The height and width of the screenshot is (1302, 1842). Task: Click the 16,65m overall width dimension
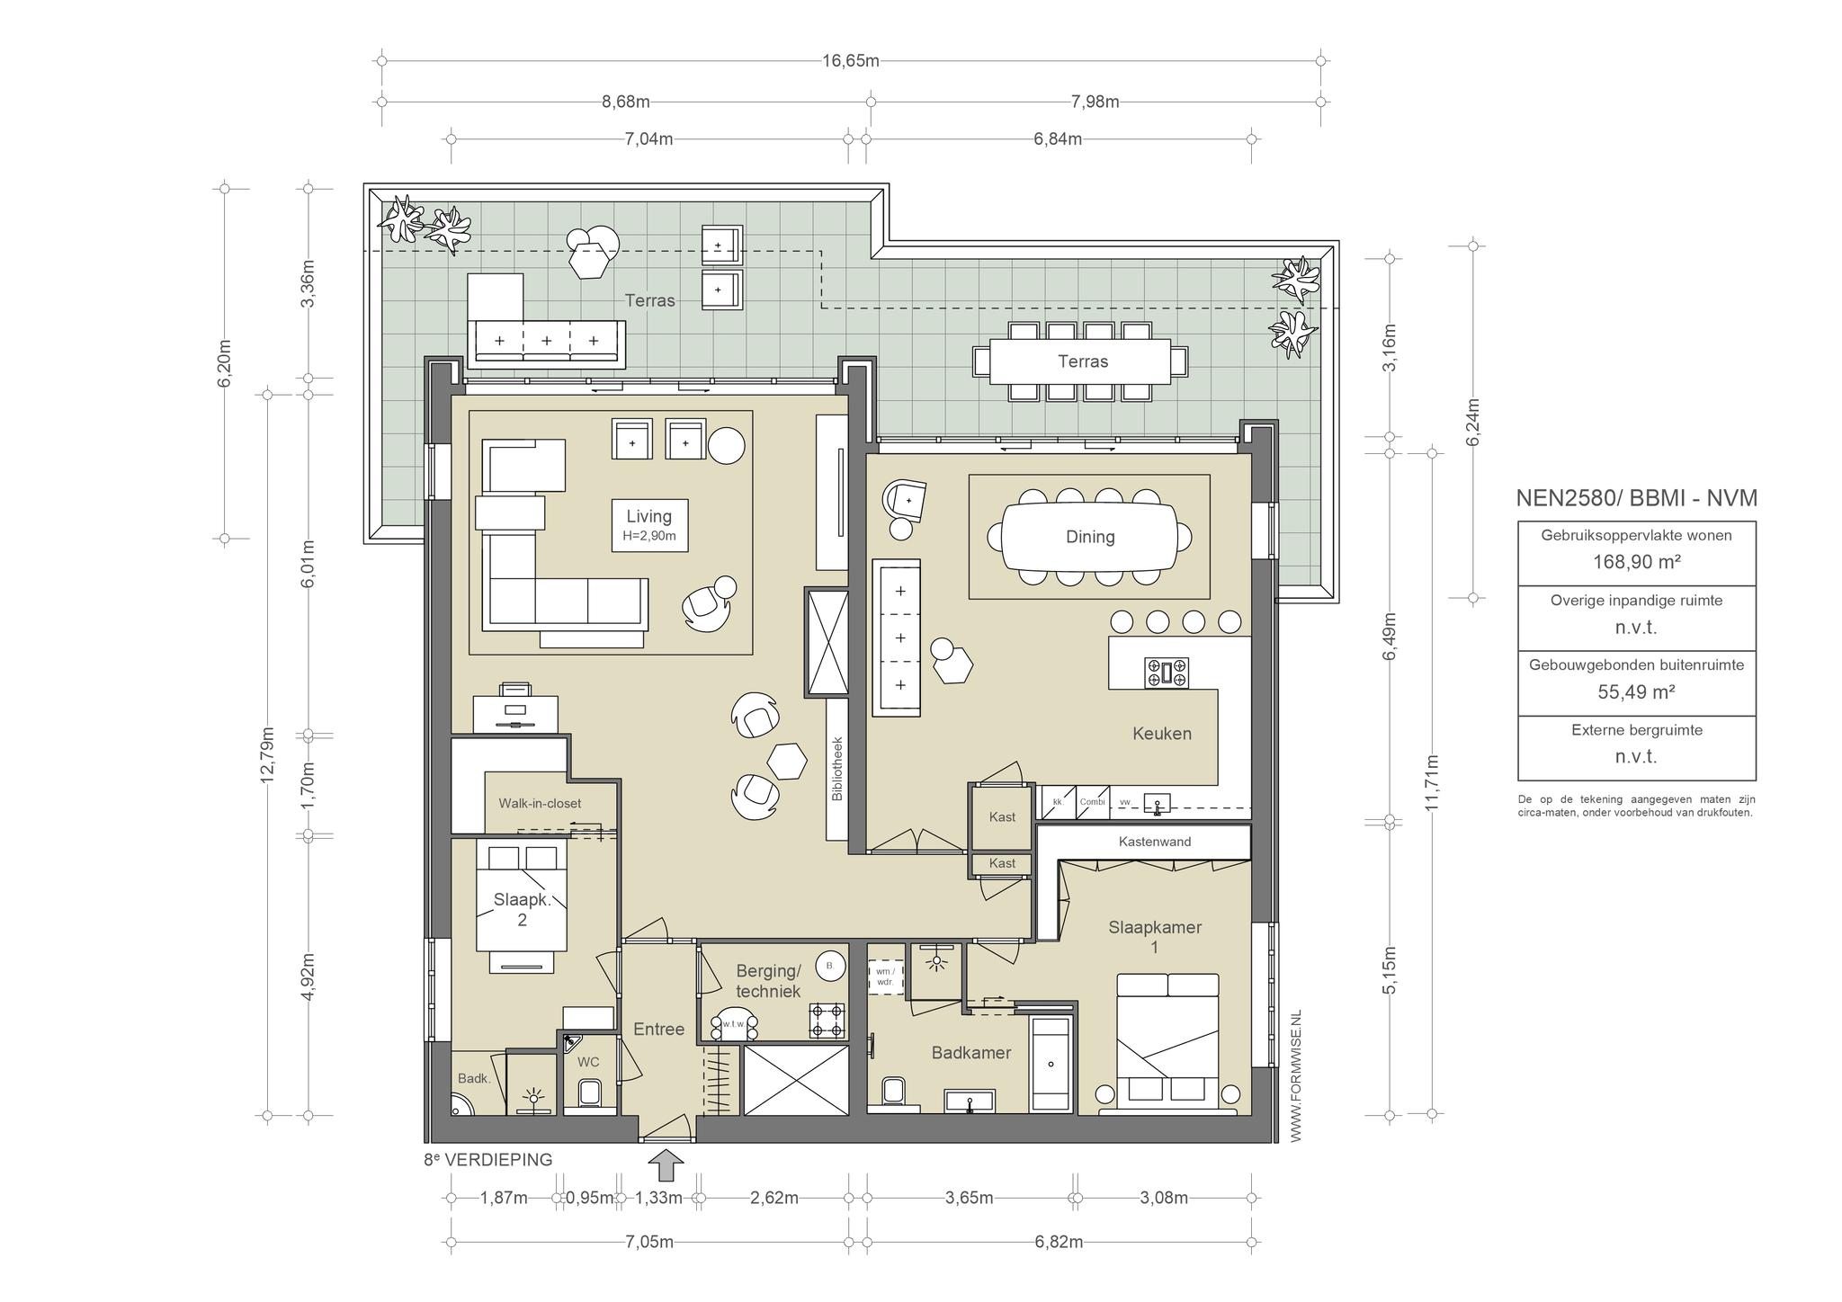pyautogui.click(x=850, y=61)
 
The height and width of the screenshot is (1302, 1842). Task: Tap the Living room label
pyautogui.click(x=648, y=516)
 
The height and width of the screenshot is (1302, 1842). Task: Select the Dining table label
pyautogui.click(x=1090, y=537)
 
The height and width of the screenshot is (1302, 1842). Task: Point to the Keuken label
pyautogui.click(x=1162, y=734)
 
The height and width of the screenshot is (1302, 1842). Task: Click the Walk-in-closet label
pyautogui.click(x=540, y=803)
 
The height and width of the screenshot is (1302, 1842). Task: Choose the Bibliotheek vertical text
pyautogui.click(x=836, y=770)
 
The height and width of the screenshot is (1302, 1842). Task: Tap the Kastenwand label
pyautogui.click(x=1155, y=842)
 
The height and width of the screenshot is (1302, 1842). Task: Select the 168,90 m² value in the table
pyautogui.click(x=1636, y=562)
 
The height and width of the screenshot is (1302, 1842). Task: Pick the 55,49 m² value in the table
pyautogui.click(x=1636, y=691)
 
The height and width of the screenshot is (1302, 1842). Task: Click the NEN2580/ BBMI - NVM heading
pyautogui.click(x=1636, y=498)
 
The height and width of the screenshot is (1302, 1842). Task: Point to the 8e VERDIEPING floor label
pyautogui.click(x=487, y=1160)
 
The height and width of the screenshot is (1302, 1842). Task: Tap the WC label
pyautogui.click(x=588, y=1062)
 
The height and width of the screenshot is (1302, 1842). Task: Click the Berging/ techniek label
pyautogui.click(x=768, y=981)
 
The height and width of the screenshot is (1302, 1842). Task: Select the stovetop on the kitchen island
pyautogui.click(x=1167, y=673)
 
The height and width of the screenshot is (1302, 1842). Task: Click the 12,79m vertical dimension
pyautogui.click(x=267, y=754)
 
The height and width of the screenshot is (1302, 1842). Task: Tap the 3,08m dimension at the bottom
pyautogui.click(x=1164, y=1198)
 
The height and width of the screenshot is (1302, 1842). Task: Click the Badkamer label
pyautogui.click(x=971, y=1053)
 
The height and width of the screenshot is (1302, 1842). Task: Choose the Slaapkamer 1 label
pyautogui.click(x=1155, y=937)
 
